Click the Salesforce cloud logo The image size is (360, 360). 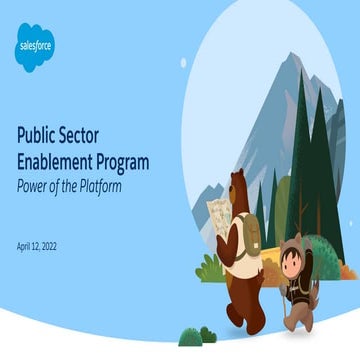tap(36, 47)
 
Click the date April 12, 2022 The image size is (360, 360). tap(44, 245)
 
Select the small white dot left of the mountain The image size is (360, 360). tap(183, 62)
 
